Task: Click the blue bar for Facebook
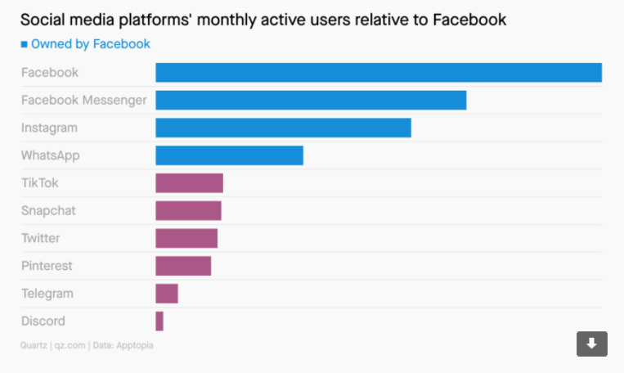379,73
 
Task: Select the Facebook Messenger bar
311,101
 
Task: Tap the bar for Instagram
283,128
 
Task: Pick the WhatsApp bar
229,155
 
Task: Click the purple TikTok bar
189,183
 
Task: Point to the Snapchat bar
188,211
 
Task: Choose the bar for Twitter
186,238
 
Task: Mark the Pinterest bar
183,266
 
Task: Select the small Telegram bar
167,294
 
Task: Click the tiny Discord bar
159,321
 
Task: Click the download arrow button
592,344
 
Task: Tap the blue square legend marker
24,44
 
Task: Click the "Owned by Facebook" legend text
90,44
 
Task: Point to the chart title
263,19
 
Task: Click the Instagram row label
49,128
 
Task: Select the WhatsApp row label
51,155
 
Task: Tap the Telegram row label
47,294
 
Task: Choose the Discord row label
43,321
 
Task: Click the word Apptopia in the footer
136,346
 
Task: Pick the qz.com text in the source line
70,346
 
